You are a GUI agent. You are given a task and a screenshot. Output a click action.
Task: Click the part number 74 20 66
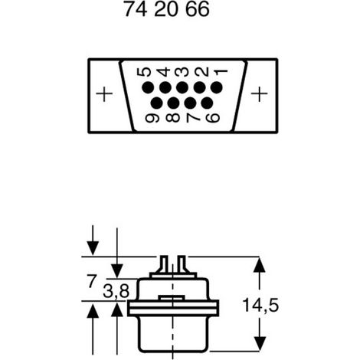167,9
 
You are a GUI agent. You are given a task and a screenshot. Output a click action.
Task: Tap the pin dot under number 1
217,87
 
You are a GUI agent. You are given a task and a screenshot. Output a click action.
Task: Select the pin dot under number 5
148,88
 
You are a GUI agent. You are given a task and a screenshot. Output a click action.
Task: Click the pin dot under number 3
182,87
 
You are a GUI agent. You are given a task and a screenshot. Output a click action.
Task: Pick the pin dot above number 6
207,103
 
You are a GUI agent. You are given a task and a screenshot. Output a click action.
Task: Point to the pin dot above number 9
157,103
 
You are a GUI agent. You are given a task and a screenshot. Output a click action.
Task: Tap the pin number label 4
165,72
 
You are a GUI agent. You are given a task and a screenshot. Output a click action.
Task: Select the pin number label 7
193,118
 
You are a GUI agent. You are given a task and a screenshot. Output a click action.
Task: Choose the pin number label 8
173,118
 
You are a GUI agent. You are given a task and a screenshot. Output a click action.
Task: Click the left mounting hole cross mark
104,94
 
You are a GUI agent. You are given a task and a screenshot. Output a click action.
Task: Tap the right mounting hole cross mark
260,93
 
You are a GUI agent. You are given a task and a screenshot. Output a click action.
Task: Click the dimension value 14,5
260,306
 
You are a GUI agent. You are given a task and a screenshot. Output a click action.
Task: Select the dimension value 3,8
116,291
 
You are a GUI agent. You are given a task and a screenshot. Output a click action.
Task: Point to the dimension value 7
91,281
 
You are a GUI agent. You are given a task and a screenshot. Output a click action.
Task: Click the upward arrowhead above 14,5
260,264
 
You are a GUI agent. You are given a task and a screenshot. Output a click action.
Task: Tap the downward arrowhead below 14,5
260,344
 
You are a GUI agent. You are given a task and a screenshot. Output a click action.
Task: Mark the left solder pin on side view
164,264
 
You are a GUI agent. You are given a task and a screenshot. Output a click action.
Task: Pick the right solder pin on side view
182,264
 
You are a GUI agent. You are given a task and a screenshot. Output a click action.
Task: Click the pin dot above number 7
190,103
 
